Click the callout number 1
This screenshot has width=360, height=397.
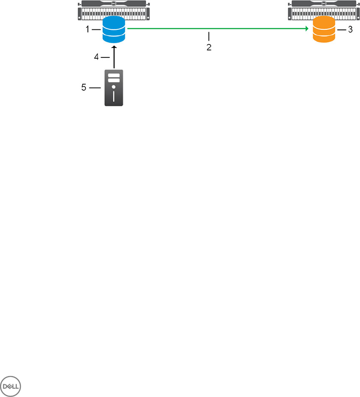click(87, 30)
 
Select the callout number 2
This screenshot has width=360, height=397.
click(209, 48)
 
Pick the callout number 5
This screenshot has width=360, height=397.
click(84, 88)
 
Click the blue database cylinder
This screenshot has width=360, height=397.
click(114, 30)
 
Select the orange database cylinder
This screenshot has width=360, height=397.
click(324, 30)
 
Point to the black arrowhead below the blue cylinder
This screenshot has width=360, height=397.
click(114, 46)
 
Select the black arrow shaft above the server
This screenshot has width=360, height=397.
click(114, 59)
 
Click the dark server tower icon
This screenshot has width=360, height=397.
click(114, 88)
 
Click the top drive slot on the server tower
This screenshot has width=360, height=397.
click(114, 76)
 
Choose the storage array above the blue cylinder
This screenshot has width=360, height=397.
click(114, 11)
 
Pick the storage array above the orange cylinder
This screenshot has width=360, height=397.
click(324, 11)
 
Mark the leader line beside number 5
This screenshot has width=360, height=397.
click(95, 88)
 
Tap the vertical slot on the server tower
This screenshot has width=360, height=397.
click(114, 97)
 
